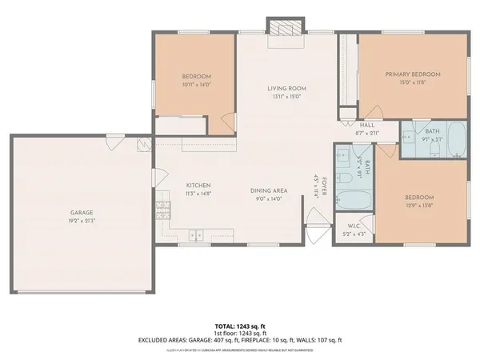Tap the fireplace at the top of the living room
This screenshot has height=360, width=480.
tap(286, 26)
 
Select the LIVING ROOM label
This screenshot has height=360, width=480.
tap(286, 88)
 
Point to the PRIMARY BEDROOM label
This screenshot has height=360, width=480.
tap(413, 74)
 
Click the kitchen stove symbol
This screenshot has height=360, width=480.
tap(163, 210)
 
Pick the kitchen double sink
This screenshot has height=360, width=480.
tap(196, 234)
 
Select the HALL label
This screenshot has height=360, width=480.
tap(367, 126)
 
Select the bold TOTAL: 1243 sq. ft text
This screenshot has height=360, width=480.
tap(240, 326)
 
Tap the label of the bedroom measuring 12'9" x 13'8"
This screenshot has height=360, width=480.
tap(419, 198)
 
